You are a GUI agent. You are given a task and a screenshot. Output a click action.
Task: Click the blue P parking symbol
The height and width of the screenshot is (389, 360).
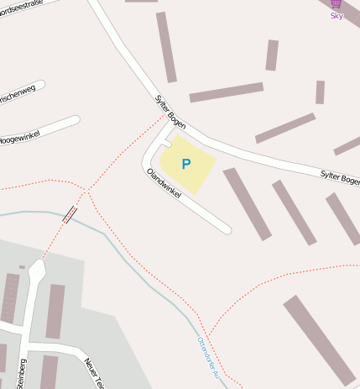186,164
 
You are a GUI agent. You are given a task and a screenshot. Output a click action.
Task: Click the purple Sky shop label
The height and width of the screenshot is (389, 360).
337,16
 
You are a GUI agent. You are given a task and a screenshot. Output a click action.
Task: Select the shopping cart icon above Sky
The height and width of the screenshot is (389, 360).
336,4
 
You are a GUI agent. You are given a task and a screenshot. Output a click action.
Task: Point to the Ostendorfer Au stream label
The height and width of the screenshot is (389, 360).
206,357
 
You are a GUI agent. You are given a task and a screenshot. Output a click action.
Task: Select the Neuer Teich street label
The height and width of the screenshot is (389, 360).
93,373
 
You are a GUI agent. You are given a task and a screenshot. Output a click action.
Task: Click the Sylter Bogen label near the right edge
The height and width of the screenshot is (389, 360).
340,178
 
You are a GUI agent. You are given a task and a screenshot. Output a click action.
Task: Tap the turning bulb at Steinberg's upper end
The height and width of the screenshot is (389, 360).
36,270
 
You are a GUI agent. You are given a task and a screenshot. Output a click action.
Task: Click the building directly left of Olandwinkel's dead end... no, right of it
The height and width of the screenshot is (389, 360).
247,204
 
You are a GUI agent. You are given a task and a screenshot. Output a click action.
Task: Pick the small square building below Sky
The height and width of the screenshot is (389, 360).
320,92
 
